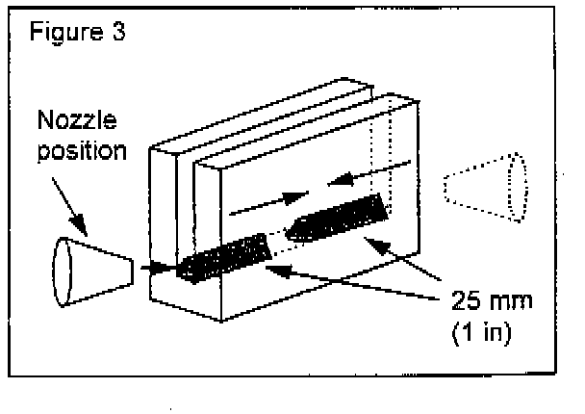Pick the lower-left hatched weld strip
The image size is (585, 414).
click(x=221, y=257)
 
